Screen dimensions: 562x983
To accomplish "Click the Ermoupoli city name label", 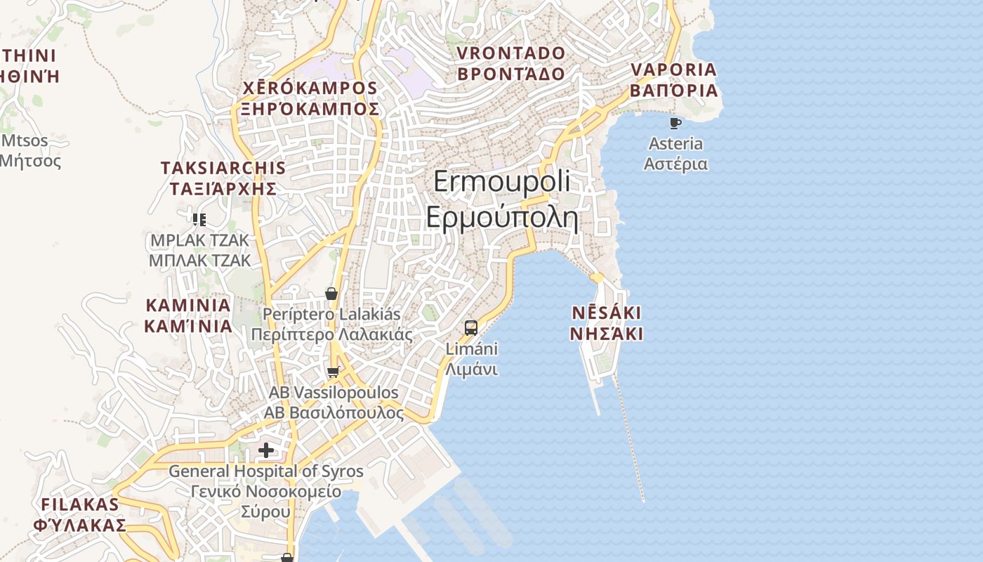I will [501, 200].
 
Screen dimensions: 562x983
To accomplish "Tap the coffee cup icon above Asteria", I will [675, 124].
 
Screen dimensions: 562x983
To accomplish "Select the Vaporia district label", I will [673, 80].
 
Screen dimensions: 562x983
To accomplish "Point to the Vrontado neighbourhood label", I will [510, 63].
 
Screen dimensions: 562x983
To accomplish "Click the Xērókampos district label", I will [310, 98].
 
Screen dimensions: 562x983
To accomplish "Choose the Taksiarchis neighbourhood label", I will [223, 178].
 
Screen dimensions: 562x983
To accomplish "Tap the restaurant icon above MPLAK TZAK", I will [199, 220].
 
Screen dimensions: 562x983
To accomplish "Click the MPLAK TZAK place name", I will [199, 250].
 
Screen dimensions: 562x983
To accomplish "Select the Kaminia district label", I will [188, 315].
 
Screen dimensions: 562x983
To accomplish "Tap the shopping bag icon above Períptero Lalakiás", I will [331, 294].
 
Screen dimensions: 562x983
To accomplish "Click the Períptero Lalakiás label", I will [331, 324].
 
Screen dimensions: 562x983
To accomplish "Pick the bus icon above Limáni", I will [471, 327].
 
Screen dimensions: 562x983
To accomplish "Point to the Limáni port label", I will [472, 359].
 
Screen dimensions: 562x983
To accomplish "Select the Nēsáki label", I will [606, 322].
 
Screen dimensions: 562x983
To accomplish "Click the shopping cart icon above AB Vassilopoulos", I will [334, 372].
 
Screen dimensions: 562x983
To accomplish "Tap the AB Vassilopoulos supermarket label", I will [334, 403].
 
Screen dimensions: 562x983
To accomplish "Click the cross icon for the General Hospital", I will [266, 450].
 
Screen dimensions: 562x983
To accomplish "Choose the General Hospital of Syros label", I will [266, 490].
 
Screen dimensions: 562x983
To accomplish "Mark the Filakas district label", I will [80, 514].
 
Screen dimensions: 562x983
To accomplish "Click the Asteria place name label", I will [675, 154].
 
